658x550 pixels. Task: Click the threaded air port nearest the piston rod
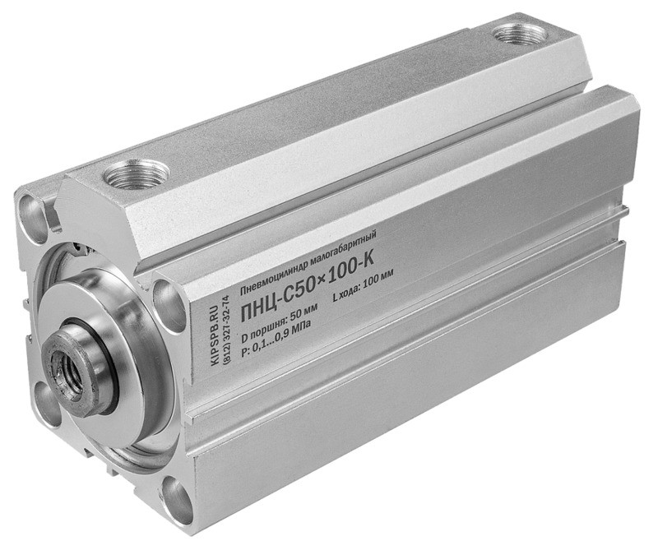[137, 173]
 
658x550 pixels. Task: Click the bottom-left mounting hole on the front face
[46, 404]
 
